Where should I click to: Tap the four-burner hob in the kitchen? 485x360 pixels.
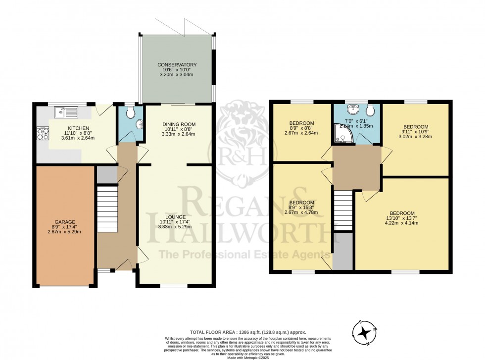42,132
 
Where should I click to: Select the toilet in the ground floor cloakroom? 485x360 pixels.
130,113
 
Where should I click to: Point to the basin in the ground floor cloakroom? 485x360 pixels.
140,124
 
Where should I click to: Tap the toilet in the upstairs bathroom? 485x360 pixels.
371,110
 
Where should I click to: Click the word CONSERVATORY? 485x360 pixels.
177,65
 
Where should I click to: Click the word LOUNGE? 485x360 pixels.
176,217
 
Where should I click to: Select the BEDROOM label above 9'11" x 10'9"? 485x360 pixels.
415,126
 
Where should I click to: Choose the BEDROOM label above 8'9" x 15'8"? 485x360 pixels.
301,203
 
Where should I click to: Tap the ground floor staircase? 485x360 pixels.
107,208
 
